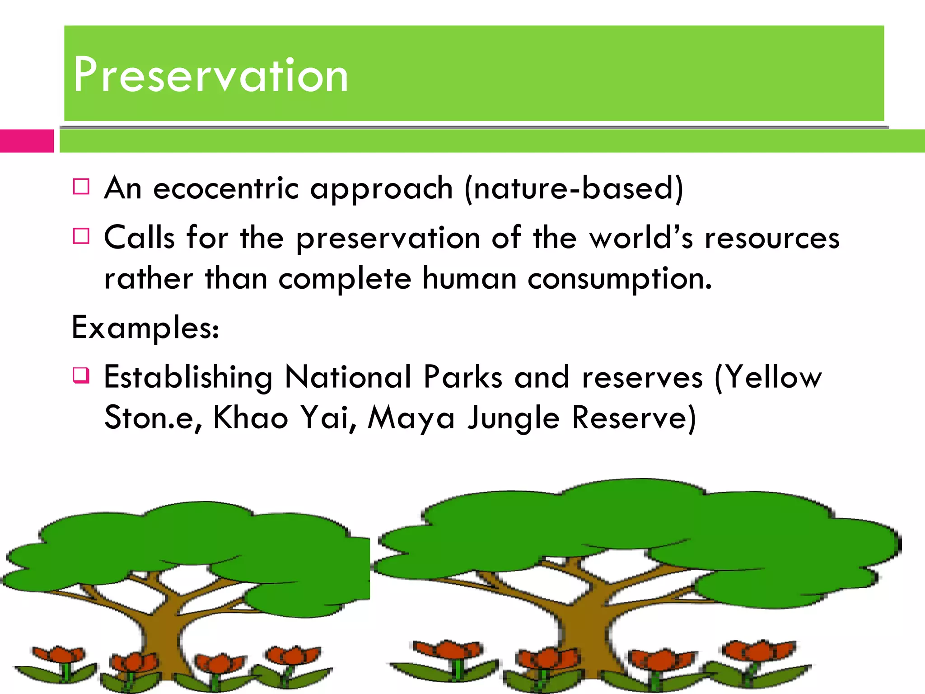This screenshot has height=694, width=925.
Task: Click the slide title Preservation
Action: tap(210, 75)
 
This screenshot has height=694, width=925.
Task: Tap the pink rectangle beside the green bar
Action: tap(27, 141)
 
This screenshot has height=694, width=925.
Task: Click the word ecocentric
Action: tap(226, 188)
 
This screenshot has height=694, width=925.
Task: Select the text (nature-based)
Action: tap(574, 188)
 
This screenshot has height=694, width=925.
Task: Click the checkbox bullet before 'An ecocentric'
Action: tap(81, 187)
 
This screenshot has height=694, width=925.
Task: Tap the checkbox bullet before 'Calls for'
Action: tap(81, 236)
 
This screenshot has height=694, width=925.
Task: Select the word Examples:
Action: tap(145, 328)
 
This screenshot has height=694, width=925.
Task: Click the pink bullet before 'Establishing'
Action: tap(81, 375)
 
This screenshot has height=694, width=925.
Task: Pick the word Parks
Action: tap(463, 377)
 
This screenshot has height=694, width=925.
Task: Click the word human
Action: tap(469, 279)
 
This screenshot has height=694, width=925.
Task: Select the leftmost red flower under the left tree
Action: tap(59, 655)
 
